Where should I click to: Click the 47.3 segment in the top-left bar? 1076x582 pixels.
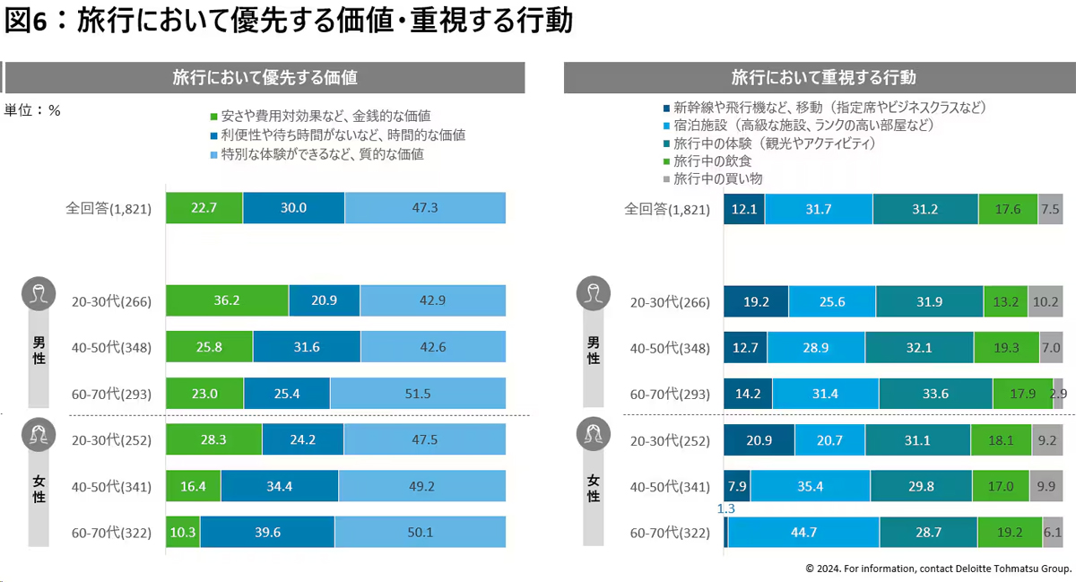[x=425, y=208]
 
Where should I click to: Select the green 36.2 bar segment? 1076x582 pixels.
[x=227, y=301]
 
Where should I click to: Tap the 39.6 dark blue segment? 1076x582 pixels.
[x=266, y=533]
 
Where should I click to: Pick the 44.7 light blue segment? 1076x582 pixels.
[x=803, y=533]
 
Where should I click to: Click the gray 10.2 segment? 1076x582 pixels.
[x=1046, y=301]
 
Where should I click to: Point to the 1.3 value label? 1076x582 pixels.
[x=726, y=509]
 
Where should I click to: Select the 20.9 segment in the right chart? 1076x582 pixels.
[x=759, y=440]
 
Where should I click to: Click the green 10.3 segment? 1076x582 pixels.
[x=182, y=533]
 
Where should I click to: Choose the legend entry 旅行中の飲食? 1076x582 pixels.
[x=712, y=161]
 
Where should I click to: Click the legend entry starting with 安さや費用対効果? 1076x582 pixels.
[x=320, y=117]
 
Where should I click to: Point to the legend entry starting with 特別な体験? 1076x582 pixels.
[x=317, y=154]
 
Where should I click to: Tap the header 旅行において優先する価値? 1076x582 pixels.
[x=265, y=78]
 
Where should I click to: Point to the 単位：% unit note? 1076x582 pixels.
[x=32, y=110]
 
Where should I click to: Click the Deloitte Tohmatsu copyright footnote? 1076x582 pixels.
[x=938, y=569]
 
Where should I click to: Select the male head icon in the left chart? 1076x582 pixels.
[x=37, y=293]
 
